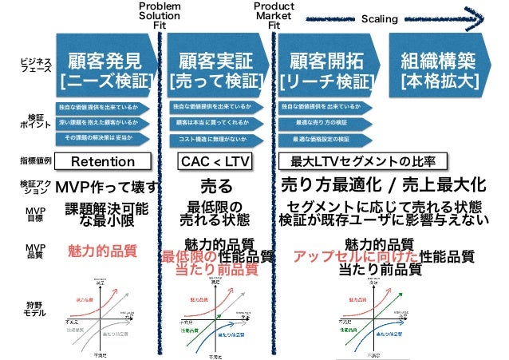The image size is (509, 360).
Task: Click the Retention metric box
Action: (103, 162)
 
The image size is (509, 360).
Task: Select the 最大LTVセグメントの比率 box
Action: (362, 162)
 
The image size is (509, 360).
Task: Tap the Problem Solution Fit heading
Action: (160, 14)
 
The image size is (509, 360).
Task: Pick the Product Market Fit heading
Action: (274, 14)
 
